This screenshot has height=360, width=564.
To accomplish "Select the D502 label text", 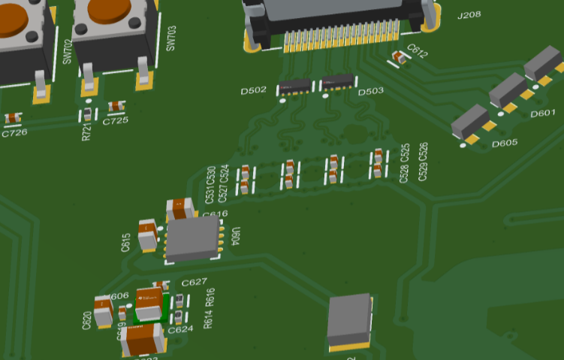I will point(253,91).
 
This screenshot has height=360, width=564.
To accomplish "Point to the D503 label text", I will point(371,92).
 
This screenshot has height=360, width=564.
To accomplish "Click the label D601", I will point(542,113).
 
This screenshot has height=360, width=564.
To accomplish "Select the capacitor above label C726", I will point(13,118).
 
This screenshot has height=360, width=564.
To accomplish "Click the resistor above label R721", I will point(88,115).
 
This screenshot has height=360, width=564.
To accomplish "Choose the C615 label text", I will point(126,242).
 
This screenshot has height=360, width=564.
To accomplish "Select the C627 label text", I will point(195,283).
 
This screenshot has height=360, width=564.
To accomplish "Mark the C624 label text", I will point(180,330).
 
